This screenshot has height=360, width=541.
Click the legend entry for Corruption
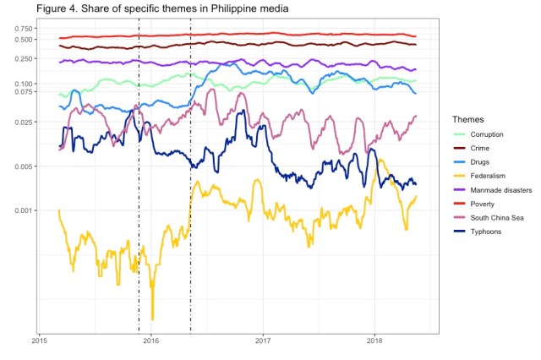[x=487, y=134]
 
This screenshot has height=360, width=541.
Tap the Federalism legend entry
[x=488, y=176]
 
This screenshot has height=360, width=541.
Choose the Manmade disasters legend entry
[x=500, y=190]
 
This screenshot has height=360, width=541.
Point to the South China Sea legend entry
[x=498, y=217]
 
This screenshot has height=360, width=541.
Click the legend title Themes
[x=467, y=118]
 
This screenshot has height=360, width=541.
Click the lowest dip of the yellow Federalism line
[x=153, y=318]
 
